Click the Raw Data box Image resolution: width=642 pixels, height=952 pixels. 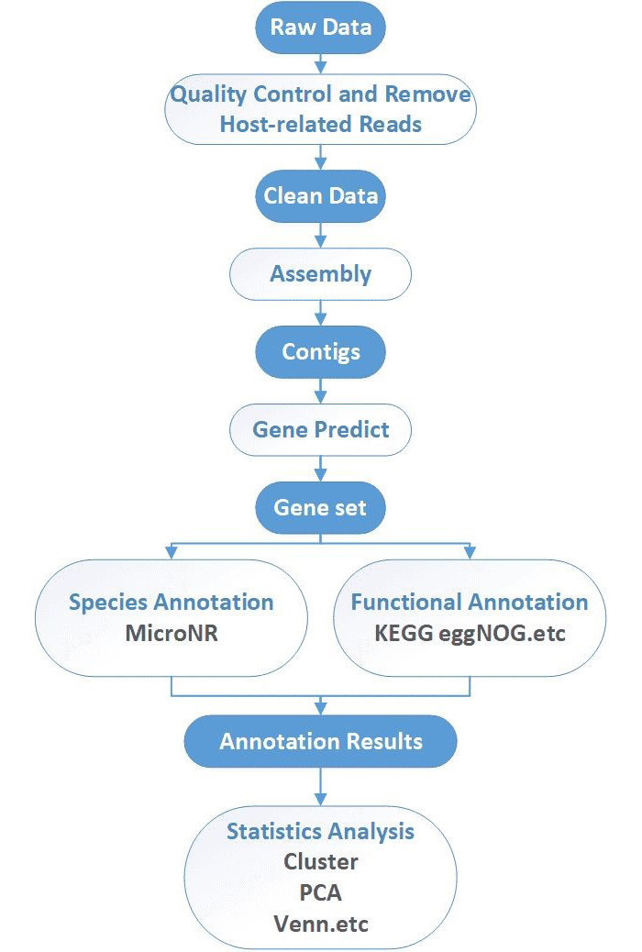321,27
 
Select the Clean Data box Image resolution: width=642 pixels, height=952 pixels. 321,196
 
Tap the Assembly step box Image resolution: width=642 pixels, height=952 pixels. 321,274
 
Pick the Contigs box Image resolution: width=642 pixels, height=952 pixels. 321,352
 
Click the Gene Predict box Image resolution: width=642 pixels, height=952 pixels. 321,429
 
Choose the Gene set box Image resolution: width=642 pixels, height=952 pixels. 321,507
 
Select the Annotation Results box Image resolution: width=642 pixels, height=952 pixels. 321,740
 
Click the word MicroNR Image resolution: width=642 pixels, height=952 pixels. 172,633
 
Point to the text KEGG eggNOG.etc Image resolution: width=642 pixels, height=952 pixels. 470,633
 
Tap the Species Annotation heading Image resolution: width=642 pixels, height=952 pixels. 172,603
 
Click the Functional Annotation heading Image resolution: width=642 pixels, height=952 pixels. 470,603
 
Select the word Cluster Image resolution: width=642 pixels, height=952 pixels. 321,861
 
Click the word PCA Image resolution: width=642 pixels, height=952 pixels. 321,892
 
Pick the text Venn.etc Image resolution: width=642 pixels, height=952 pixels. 321,923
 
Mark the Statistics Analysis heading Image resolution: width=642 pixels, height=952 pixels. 321,831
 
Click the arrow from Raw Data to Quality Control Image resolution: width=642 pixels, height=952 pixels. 321,62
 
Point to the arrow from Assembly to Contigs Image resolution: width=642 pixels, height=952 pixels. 321,314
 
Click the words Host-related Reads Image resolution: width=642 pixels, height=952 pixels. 321,124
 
